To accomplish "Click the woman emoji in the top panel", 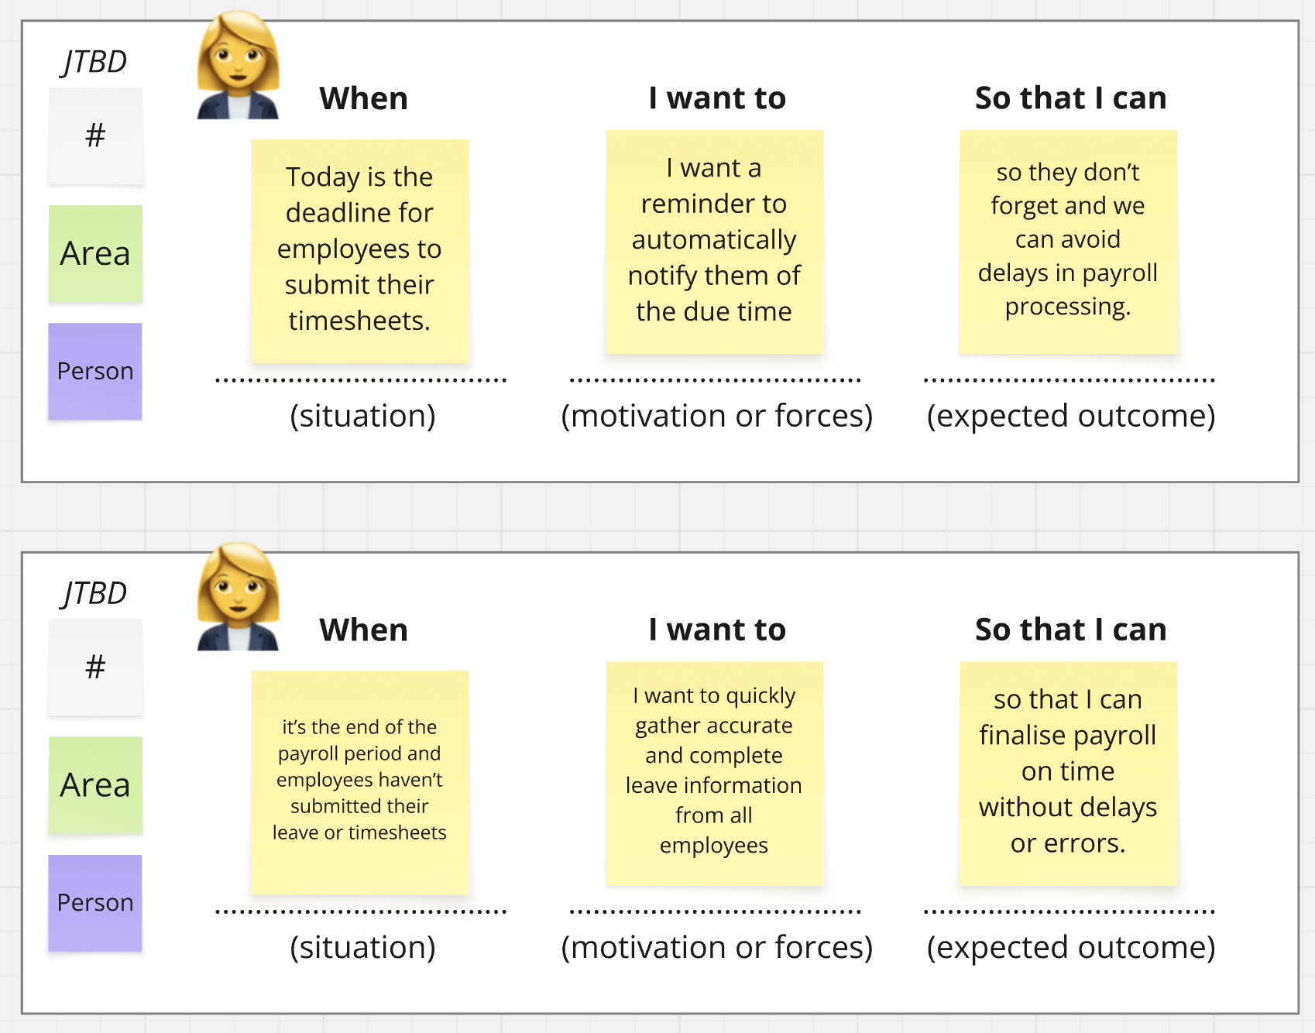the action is [238, 67].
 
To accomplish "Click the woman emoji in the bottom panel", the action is [238, 598].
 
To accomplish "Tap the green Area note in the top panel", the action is [95, 253].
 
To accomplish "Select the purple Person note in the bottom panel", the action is [95, 902].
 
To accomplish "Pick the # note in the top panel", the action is [95, 136].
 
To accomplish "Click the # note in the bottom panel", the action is [95, 667].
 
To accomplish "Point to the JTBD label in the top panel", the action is [94, 62].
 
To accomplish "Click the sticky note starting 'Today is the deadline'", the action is [360, 250].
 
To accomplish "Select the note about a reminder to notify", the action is [714, 241].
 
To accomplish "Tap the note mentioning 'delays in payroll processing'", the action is [1068, 241].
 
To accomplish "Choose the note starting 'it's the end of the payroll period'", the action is [360, 781].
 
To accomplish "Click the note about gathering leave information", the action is [714, 772].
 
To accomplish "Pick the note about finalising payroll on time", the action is [1068, 772].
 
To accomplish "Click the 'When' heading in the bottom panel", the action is [363, 630].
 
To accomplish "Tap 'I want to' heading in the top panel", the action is [717, 98].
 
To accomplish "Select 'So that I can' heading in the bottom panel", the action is [1070, 630].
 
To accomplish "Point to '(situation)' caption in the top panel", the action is [362, 416].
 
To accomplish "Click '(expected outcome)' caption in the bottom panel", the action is [1071, 947].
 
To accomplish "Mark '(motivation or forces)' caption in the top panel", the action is [717, 416].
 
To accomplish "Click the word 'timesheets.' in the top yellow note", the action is [359, 321].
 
